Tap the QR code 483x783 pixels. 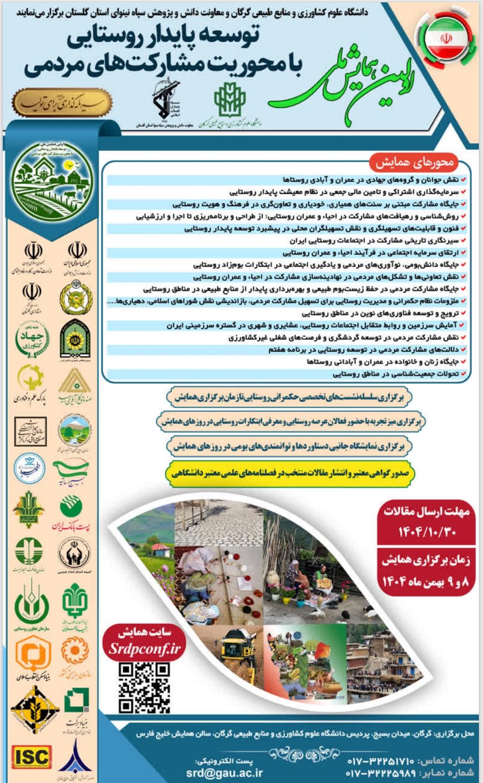click(x=144, y=687)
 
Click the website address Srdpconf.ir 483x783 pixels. click(x=144, y=649)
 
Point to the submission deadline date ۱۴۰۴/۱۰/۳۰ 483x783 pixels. click(x=427, y=532)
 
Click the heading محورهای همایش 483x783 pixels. click(x=415, y=163)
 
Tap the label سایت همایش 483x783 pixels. click(x=144, y=632)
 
